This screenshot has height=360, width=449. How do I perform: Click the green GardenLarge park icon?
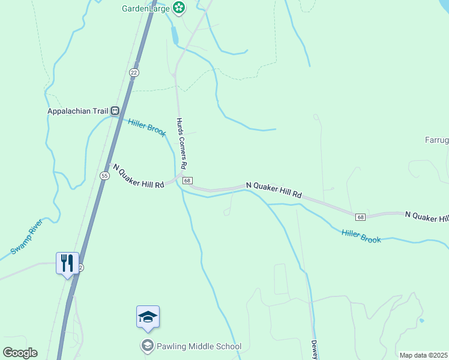point(178,8)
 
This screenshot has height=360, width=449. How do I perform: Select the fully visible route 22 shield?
point(134,72)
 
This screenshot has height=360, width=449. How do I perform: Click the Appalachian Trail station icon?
point(114,110)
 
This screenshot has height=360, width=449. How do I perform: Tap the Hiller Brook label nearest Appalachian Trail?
point(147,127)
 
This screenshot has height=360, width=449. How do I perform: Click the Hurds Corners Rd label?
point(182,142)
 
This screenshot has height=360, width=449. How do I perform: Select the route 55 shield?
point(104,176)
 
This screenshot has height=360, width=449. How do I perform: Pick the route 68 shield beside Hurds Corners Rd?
point(188,181)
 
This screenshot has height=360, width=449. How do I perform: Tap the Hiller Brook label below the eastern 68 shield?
point(361,236)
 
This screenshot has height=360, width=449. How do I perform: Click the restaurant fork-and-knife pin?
point(67,263)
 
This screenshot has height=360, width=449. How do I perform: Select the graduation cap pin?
point(148,317)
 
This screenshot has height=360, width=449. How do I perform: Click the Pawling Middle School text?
point(199,346)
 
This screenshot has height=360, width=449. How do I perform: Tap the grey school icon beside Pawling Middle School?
point(147,346)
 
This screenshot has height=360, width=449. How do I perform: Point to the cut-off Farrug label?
point(437,140)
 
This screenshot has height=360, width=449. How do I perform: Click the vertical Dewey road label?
point(314,350)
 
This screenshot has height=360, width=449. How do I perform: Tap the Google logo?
point(20,353)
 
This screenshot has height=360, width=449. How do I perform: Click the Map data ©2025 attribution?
point(423,355)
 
